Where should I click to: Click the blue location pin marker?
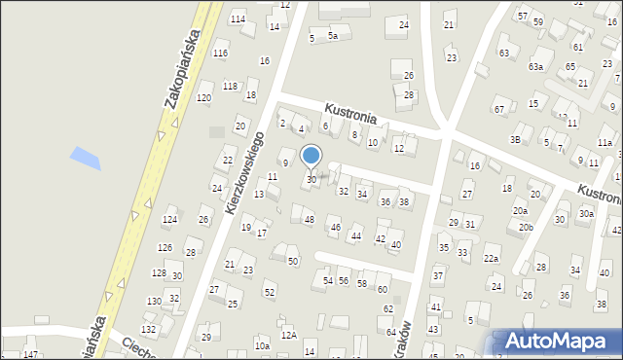click(311, 157)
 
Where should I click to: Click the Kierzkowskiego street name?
click(245, 172)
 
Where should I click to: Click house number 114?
click(238, 19)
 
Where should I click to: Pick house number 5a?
click(333, 36)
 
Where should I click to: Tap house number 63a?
click(535, 67)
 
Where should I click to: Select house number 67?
click(498, 109)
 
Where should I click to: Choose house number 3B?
click(515, 140)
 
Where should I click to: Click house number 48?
click(310, 220)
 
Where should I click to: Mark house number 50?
click(292, 261)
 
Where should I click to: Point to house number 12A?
click(288, 335)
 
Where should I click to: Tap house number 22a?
click(491, 259)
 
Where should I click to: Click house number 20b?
click(526, 228)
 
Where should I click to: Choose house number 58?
click(361, 283)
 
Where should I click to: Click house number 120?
click(203, 98)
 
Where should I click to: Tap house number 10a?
click(262, 345)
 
